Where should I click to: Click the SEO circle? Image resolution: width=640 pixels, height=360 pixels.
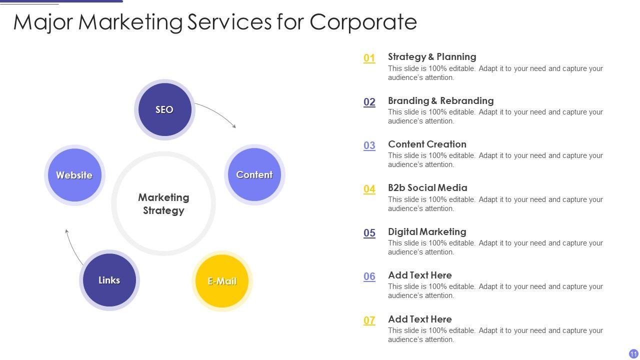tap(164, 109)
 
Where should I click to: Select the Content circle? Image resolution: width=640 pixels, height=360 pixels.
tap(254, 174)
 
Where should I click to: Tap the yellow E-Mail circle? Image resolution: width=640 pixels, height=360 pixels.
tap(222, 281)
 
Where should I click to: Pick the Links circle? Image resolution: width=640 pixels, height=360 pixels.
tap(109, 280)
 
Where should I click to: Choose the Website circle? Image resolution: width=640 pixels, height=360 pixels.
tap(74, 175)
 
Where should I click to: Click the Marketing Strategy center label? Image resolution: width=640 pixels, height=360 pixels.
tap(163, 204)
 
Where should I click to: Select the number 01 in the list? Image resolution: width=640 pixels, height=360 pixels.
tap(369, 58)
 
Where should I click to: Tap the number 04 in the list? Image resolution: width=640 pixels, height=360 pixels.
tap(369, 189)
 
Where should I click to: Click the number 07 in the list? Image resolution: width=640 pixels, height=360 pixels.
tap(369, 320)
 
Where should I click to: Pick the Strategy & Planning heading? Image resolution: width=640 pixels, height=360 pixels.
tap(432, 56)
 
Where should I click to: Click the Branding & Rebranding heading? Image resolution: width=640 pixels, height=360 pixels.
tap(440, 100)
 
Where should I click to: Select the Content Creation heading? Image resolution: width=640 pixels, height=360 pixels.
tap(427, 144)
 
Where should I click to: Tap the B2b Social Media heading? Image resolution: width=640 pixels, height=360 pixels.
tap(427, 188)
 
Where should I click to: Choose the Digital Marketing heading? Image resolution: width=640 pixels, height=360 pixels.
tap(427, 231)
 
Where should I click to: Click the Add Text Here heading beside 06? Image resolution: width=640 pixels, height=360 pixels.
tap(419, 275)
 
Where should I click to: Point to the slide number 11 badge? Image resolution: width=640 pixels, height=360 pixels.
tap(633, 353)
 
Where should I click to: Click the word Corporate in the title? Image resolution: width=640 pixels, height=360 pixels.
tap(363, 22)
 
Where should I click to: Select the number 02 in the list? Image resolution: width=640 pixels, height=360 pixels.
tap(369, 102)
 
